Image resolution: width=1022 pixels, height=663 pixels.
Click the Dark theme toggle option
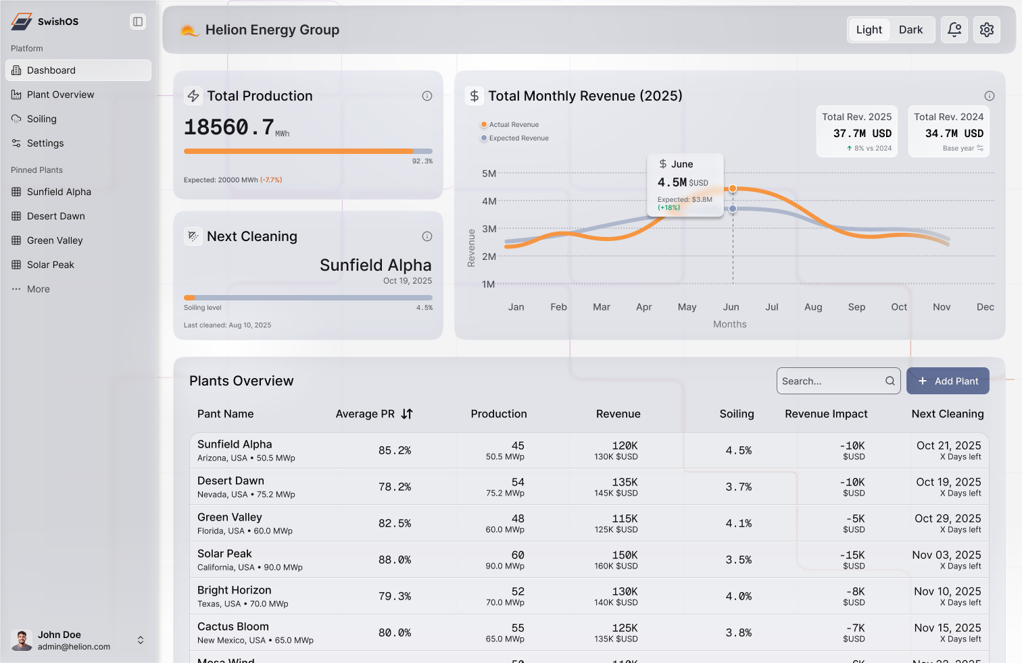tap(910, 30)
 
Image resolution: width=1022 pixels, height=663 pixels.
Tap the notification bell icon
tap(954, 30)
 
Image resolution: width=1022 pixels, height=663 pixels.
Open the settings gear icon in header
tap(987, 30)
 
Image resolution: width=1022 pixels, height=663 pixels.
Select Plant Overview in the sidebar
tap(60, 95)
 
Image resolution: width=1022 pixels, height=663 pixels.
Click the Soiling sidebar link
tap(41, 119)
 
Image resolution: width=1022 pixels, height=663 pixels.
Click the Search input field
tap(831, 381)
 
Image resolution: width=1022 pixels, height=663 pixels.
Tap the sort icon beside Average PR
tap(407, 414)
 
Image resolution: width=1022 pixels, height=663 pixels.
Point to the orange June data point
tap(733, 188)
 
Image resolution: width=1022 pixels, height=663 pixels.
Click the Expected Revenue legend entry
tap(518, 138)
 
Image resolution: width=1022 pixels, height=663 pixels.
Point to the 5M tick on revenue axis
tap(489, 174)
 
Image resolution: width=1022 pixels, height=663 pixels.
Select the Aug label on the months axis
tap(813, 307)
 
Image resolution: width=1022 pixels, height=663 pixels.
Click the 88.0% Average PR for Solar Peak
tap(395, 560)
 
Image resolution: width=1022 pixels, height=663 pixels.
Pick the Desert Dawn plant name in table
tap(230, 481)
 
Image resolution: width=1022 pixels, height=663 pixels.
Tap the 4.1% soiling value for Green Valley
tap(738, 523)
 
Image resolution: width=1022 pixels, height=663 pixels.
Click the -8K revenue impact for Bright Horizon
tap(855, 591)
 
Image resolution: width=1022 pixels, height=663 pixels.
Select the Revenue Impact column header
tap(826, 414)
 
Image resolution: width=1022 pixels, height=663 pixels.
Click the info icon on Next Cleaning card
tap(427, 236)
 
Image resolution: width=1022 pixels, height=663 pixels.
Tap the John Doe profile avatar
tap(22, 640)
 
